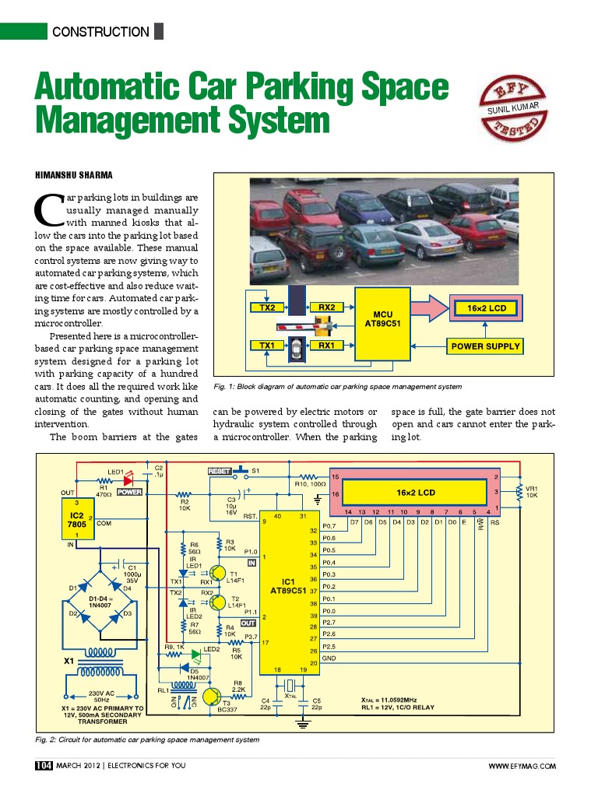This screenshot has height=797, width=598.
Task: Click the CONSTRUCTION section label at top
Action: [100, 32]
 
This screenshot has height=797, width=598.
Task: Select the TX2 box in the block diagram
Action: [267, 307]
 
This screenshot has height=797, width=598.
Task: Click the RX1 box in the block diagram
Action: [326, 345]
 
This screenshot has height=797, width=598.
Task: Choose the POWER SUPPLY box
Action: [485, 346]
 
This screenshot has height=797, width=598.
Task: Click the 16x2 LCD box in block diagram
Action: [487, 308]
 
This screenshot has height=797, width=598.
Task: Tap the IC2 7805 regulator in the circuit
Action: [77, 520]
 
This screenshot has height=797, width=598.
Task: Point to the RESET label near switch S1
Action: [219, 471]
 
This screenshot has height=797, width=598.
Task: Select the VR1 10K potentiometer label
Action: [532, 492]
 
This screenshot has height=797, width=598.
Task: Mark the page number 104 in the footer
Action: [43, 766]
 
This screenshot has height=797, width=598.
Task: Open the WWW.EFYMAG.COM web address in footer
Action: [522, 767]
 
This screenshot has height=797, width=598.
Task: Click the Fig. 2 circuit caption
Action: [147, 739]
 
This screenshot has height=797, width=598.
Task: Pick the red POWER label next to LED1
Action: [128, 492]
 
